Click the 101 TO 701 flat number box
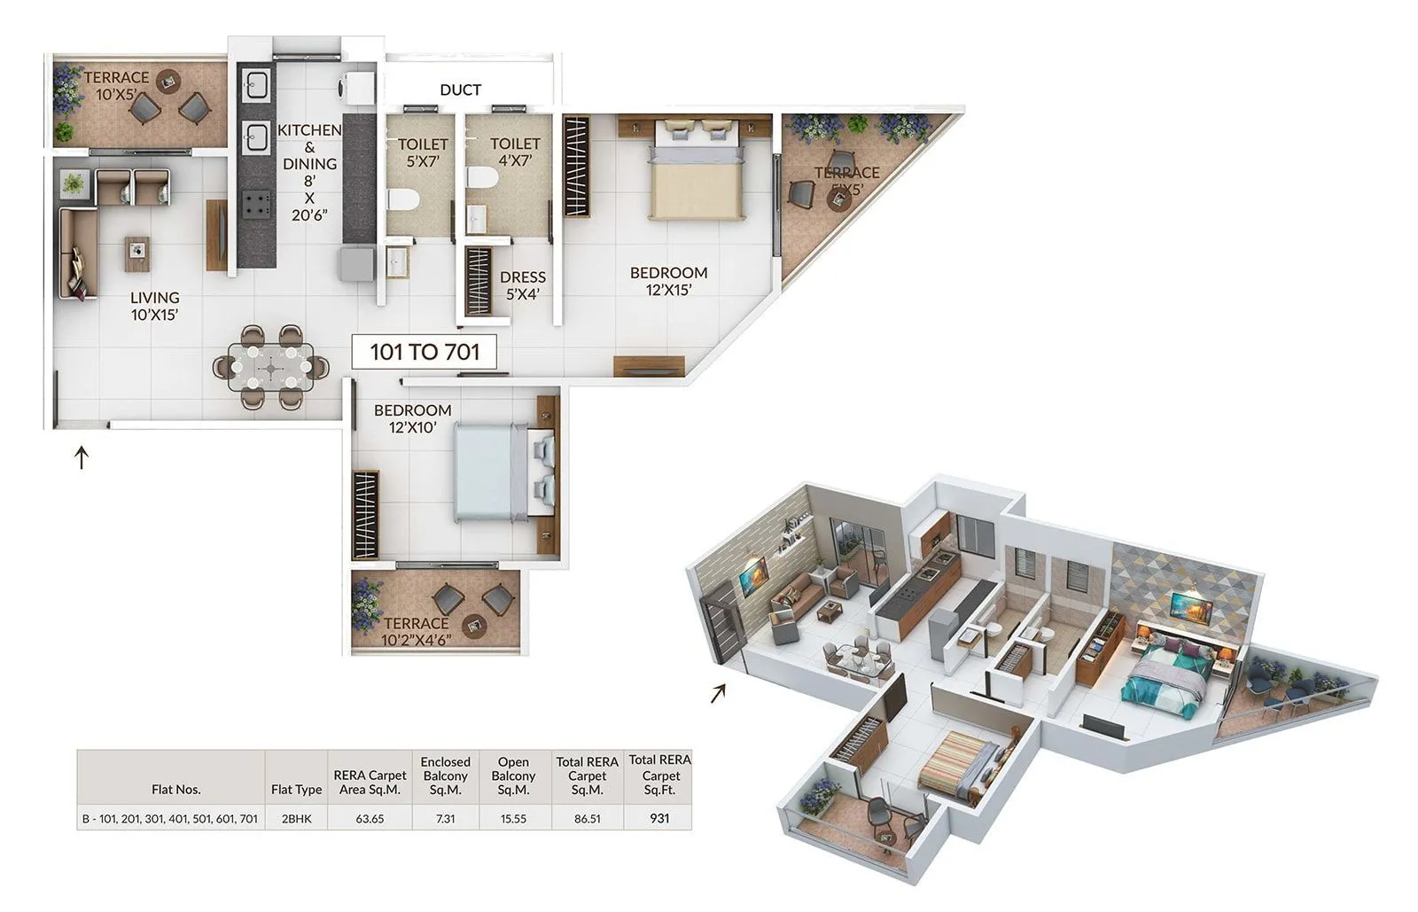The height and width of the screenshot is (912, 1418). point(425,352)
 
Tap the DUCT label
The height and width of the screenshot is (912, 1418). point(460,90)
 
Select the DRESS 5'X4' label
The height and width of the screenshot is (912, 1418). point(522,285)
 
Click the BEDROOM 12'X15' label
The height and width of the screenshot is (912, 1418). point(668,281)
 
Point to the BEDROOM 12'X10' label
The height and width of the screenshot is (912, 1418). point(412,418)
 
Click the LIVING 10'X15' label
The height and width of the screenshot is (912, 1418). point(155,306)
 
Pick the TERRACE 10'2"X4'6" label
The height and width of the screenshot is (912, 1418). point(416,632)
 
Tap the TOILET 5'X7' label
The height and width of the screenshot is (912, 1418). point(423,152)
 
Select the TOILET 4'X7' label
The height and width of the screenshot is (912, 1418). point(515,152)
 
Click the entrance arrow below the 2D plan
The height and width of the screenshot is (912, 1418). point(82,457)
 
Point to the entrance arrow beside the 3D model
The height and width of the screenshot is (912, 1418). point(718,692)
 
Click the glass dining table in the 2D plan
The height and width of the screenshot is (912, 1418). point(269,366)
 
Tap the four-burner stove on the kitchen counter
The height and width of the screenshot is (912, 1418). point(257,206)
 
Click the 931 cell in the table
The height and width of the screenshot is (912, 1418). point(659,818)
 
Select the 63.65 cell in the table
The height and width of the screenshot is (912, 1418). point(370,818)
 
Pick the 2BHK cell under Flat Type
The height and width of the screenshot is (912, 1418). point(296,818)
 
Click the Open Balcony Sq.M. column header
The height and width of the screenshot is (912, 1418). point(513,776)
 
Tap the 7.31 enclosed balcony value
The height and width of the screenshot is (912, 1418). point(445,818)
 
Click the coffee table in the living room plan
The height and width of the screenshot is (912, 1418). point(137,253)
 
